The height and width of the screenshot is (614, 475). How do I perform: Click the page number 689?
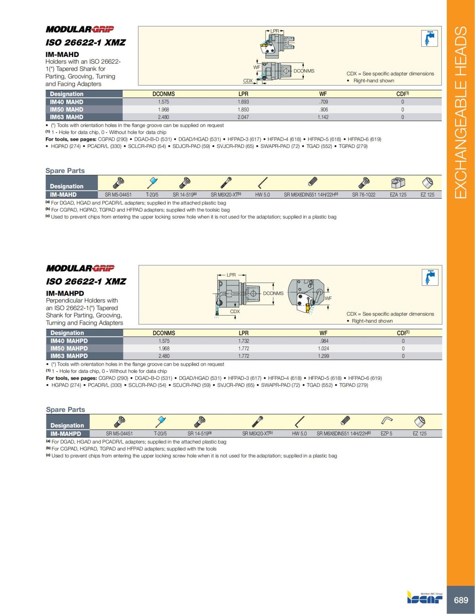(x=461, y=600)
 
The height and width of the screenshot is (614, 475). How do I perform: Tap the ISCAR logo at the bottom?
(x=425, y=599)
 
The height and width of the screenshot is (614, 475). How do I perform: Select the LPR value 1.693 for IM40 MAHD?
(x=243, y=102)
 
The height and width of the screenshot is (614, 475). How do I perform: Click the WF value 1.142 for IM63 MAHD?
(x=323, y=117)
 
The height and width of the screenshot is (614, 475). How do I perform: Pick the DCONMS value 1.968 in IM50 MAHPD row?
(x=164, y=348)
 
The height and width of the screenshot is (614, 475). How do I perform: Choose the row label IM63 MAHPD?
(x=69, y=356)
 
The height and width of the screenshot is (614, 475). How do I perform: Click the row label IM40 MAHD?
(x=66, y=102)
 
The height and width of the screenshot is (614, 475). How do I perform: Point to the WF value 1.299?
(x=323, y=356)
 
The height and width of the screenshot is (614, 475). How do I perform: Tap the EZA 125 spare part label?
(x=398, y=195)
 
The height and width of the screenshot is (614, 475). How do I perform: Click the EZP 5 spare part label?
(x=386, y=433)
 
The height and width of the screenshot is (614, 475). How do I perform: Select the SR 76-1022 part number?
(x=363, y=195)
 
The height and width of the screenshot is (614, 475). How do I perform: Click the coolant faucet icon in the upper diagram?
(x=429, y=38)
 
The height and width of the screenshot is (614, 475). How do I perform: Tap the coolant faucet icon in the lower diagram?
(x=429, y=277)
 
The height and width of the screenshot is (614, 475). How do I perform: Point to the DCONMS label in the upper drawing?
(x=304, y=71)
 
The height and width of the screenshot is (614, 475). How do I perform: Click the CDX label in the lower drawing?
(x=235, y=311)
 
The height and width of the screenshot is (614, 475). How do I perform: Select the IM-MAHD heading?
(x=62, y=54)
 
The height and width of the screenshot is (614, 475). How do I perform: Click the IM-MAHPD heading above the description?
(x=65, y=293)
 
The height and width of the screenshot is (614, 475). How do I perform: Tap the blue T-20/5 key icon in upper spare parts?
(x=152, y=183)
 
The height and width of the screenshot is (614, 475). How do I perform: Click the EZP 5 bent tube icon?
(x=386, y=420)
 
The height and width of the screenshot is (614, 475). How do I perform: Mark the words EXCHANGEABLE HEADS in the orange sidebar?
(x=461, y=112)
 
